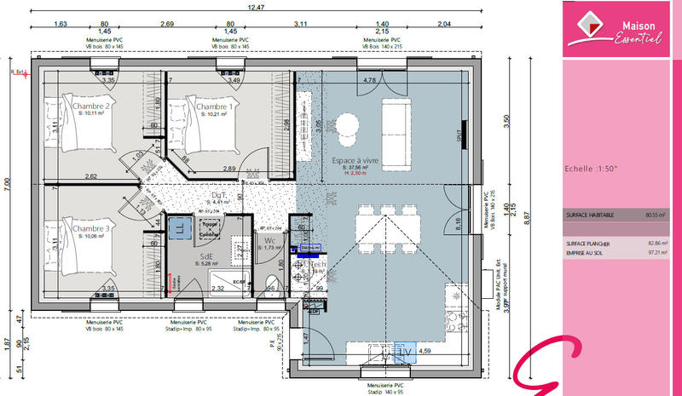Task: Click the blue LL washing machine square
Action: [x=181, y=227]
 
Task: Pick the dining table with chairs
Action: [x=389, y=227]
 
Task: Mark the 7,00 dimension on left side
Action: [x=8, y=182]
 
